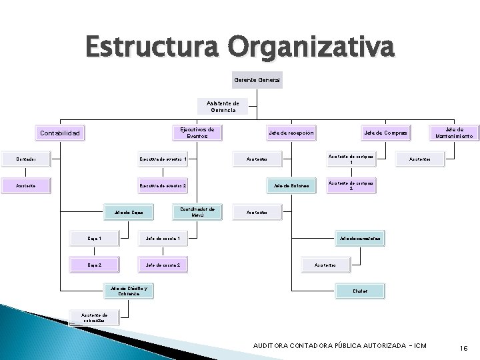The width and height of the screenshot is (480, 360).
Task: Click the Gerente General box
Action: pos(257,80)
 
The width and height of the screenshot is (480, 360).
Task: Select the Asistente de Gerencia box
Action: pos(223,106)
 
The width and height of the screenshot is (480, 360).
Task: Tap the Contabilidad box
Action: pos(61,133)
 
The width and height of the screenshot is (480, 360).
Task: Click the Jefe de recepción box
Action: pos(291,133)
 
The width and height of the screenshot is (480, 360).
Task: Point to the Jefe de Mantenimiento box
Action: pos(455,133)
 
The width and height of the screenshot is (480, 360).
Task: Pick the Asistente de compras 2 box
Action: pos(351,185)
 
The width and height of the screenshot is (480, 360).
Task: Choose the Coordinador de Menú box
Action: pos(197,212)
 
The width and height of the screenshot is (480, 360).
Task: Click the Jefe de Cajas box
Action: pos(128,213)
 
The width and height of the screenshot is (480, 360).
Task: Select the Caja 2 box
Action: pos(95,265)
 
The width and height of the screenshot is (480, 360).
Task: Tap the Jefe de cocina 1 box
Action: pos(163,238)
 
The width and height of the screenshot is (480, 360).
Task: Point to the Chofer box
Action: pos(360,291)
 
